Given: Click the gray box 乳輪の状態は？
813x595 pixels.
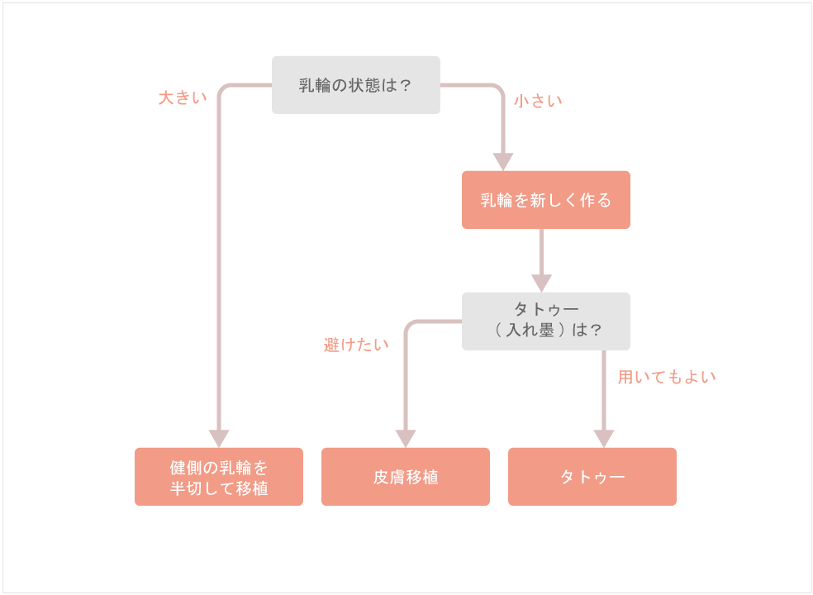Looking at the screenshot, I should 355,85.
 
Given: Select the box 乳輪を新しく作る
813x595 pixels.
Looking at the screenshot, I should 545,200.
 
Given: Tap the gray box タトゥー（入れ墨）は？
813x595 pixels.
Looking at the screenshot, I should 545,321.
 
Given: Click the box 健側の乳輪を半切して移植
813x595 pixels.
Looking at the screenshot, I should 218,477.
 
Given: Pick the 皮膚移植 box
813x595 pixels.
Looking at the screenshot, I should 405,477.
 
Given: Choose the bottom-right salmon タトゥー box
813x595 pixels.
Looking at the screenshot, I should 592,477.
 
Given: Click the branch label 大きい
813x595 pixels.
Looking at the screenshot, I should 183,98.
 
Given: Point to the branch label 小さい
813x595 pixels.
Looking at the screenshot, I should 538,101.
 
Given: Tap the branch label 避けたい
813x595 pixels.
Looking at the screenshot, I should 356,345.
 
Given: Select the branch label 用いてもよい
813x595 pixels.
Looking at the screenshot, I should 667,377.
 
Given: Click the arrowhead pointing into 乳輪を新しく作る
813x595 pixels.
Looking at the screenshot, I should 503,161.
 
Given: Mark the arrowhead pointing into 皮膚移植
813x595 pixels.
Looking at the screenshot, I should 405,438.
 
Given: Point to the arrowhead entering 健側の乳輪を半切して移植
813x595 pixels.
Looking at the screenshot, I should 219,438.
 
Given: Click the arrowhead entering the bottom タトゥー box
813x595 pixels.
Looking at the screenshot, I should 604,438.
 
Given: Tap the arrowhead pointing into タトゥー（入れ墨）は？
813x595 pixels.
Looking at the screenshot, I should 541,283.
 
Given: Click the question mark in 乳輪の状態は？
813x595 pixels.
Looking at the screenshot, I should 405,85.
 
